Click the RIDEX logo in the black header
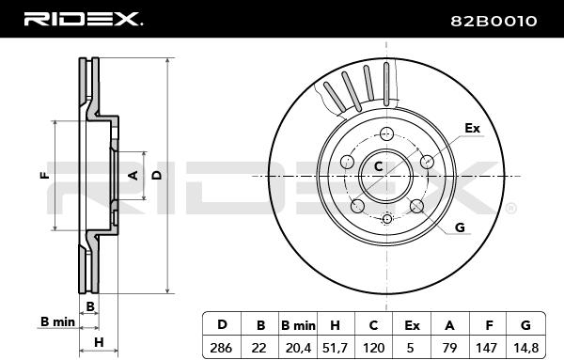click(83, 19)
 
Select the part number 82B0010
click(493, 22)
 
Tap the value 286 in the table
click(221, 348)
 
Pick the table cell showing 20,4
click(298, 348)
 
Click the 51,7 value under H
click(335, 348)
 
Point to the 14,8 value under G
click(525, 348)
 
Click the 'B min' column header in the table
click(298, 325)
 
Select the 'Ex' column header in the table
click(412, 325)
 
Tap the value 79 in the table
click(449, 348)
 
